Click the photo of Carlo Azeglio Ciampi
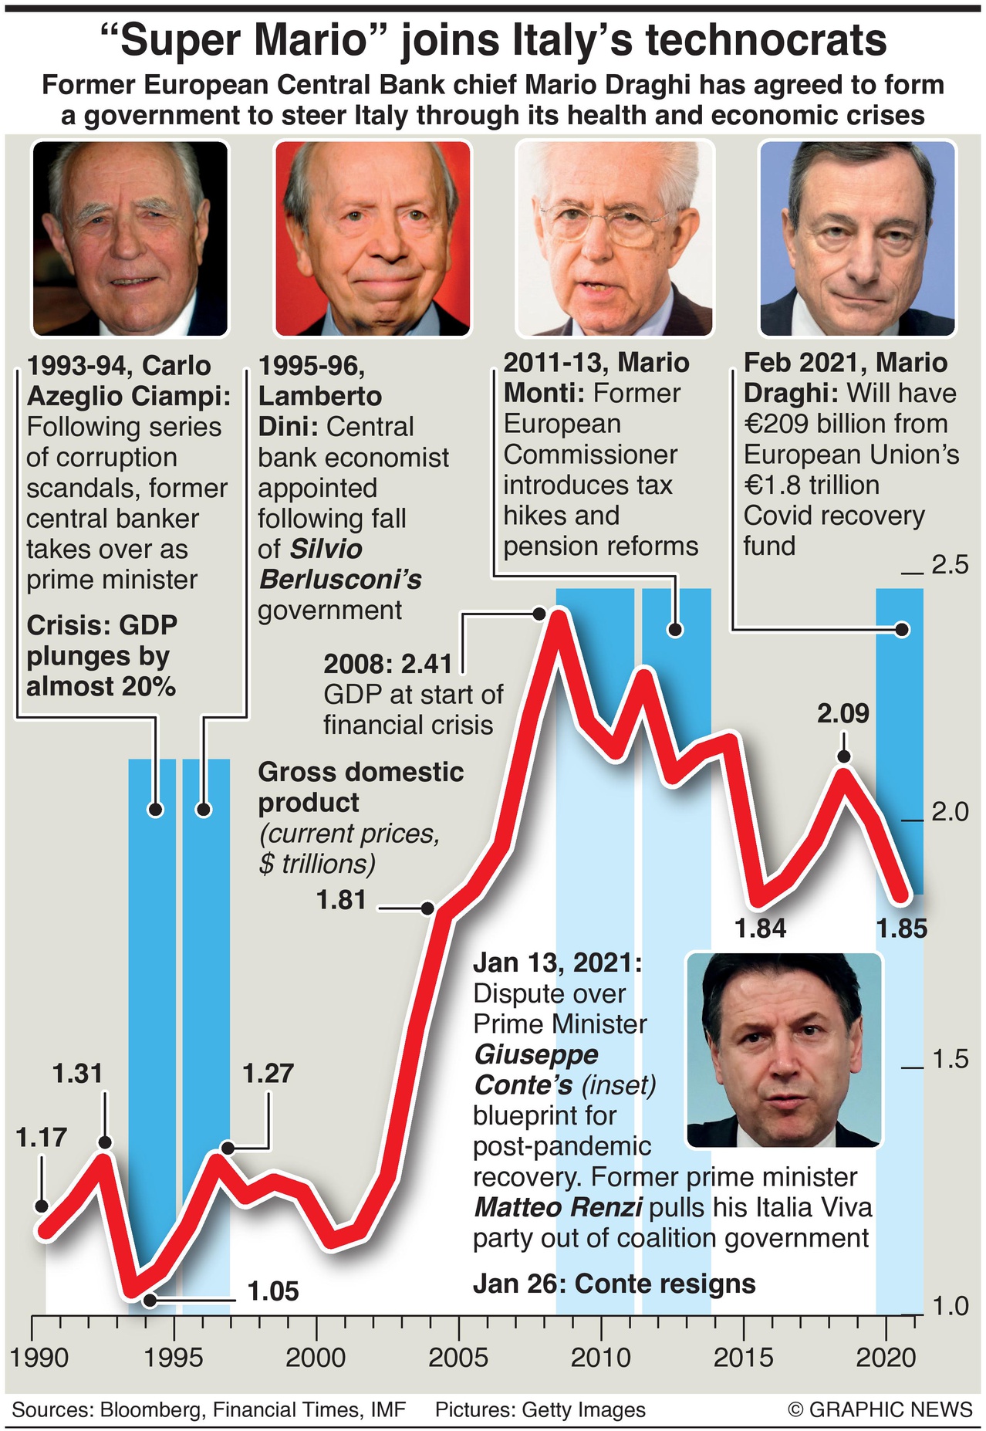click(130, 238)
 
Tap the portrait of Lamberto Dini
click(373, 238)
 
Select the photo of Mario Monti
click(615, 238)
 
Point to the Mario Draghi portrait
click(858, 238)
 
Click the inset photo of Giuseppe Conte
click(784, 1050)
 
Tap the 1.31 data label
click(77, 1074)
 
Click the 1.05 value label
click(272, 1291)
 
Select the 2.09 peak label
click(843, 713)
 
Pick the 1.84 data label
click(761, 929)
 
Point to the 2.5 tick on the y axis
click(950, 565)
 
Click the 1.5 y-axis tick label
click(950, 1060)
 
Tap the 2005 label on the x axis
click(458, 1358)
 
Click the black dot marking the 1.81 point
click(428, 908)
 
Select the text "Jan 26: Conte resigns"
click(614, 1284)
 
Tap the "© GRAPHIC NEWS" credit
click(880, 1409)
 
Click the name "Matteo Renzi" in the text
click(559, 1207)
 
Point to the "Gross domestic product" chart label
click(360, 787)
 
